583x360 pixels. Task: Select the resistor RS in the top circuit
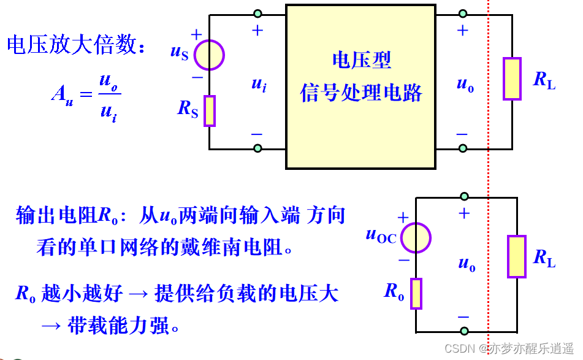[x=210, y=110]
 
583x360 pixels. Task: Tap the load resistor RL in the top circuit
[x=512, y=79]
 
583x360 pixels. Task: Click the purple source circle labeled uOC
[x=416, y=237]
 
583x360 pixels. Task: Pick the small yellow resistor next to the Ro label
[x=416, y=293]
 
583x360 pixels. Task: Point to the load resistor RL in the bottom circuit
[x=517, y=256]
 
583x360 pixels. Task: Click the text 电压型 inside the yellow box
[x=361, y=60]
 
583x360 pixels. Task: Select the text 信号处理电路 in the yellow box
[x=361, y=93]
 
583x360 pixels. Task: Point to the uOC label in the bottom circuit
[x=381, y=235]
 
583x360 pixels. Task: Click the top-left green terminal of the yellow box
[x=257, y=13]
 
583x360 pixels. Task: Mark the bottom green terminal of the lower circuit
[x=464, y=331]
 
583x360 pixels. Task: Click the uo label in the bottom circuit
[x=467, y=264]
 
